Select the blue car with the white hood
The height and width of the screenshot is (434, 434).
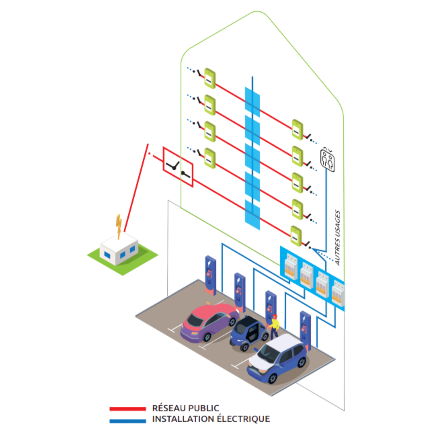(x=277, y=360)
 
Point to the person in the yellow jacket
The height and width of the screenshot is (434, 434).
(x=275, y=325)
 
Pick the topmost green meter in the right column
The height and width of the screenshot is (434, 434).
(x=297, y=129)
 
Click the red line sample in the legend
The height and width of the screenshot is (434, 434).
(x=127, y=409)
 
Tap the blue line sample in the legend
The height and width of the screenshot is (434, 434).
(x=127, y=420)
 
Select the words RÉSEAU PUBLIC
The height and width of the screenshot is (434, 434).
(x=186, y=408)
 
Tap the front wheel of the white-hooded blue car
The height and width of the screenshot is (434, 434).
(x=273, y=378)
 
